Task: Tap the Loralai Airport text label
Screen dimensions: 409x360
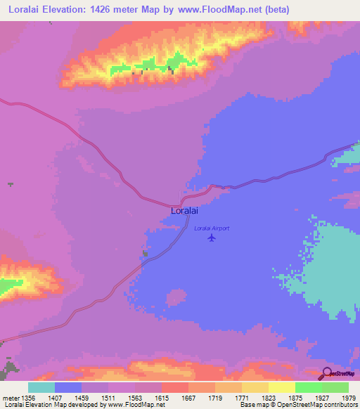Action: click(212, 228)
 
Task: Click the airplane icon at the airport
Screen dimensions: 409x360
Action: click(212, 238)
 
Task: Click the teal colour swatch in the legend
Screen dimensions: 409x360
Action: click(41, 387)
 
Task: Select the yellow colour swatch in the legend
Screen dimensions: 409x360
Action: click(281, 387)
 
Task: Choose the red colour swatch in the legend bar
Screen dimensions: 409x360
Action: click(174, 387)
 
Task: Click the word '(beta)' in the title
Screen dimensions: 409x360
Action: click(274, 10)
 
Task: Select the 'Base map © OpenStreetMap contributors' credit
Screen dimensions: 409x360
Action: click(297, 405)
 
